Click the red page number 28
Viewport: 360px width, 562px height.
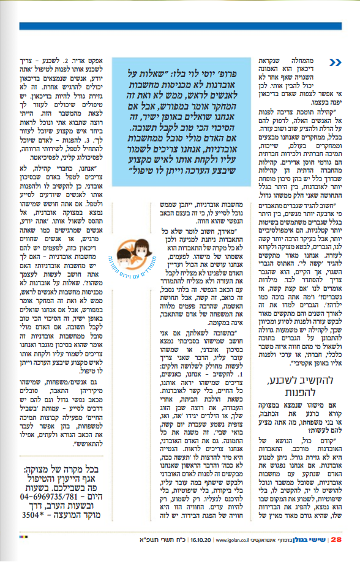336,539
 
